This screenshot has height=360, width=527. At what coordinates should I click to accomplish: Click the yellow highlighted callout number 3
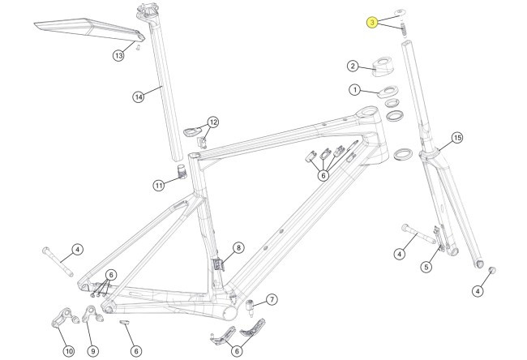pos(371,23)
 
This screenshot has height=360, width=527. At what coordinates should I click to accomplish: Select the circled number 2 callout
pos(353,66)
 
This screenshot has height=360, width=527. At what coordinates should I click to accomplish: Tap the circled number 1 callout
pos(354,89)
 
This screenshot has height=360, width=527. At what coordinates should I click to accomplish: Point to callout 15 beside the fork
pos(456,138)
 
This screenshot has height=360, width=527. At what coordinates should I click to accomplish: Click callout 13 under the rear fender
pos(118,55)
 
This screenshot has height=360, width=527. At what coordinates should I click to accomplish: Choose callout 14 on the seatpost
pos(138,96)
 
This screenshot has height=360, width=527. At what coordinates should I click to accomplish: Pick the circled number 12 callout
pos(213,122)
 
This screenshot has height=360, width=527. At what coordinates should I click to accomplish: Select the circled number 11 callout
pos(158,185)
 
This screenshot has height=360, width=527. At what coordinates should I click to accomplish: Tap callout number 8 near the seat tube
pos(238,247)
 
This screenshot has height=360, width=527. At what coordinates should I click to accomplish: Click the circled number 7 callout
pos(272,299)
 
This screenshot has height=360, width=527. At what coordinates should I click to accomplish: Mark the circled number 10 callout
pos(68,350)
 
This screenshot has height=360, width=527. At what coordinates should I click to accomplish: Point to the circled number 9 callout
pos(92,350)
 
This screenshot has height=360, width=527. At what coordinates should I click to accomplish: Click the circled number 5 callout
pos(426,266)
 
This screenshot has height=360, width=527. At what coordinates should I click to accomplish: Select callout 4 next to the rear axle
pos(77,249)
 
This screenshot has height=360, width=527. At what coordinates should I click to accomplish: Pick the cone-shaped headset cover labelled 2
pos(379,65)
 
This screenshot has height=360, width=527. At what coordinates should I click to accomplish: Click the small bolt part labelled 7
pos(251,306)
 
